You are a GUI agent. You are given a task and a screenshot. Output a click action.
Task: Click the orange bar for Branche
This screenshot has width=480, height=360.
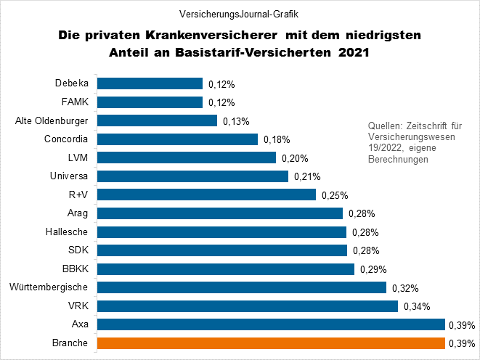[271, 343]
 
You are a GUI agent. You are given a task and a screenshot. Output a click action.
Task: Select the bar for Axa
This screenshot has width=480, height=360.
[271, 324]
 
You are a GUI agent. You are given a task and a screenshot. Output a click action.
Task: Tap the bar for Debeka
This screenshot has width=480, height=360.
[150, 83]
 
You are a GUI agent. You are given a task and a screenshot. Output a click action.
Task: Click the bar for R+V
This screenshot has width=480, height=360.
[207, 195]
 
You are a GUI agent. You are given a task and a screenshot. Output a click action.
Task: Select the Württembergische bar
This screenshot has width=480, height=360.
[242, 287]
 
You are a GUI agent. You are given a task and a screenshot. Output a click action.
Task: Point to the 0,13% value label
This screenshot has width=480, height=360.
[235, 120]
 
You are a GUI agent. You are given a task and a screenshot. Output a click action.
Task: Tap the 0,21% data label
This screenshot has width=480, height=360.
[307, 176]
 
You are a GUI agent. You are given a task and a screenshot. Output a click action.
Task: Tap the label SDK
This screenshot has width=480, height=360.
[78, 250]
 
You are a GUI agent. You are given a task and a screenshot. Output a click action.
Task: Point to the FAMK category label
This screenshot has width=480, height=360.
[76, 102]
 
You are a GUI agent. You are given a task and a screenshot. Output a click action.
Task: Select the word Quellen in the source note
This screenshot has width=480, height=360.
[384, 125]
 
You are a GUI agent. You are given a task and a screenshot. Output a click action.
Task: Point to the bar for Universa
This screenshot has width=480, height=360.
[193, 176]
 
